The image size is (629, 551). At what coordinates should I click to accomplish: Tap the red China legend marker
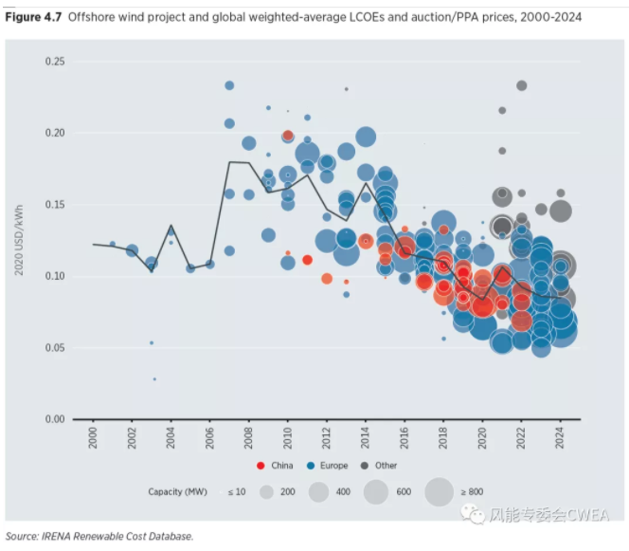[261, 466]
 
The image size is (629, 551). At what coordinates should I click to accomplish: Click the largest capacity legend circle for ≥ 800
[439, 491]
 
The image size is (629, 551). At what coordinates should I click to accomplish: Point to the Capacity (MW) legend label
[178, 491]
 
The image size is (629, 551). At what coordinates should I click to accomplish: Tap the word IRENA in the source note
[61, 536]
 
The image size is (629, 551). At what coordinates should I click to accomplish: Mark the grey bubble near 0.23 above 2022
[522, 85]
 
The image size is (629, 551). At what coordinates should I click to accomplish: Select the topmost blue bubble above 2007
[229, 85]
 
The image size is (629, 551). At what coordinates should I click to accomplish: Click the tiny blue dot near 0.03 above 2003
[154, 378]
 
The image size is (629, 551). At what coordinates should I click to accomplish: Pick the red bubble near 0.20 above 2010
[288, 136]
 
